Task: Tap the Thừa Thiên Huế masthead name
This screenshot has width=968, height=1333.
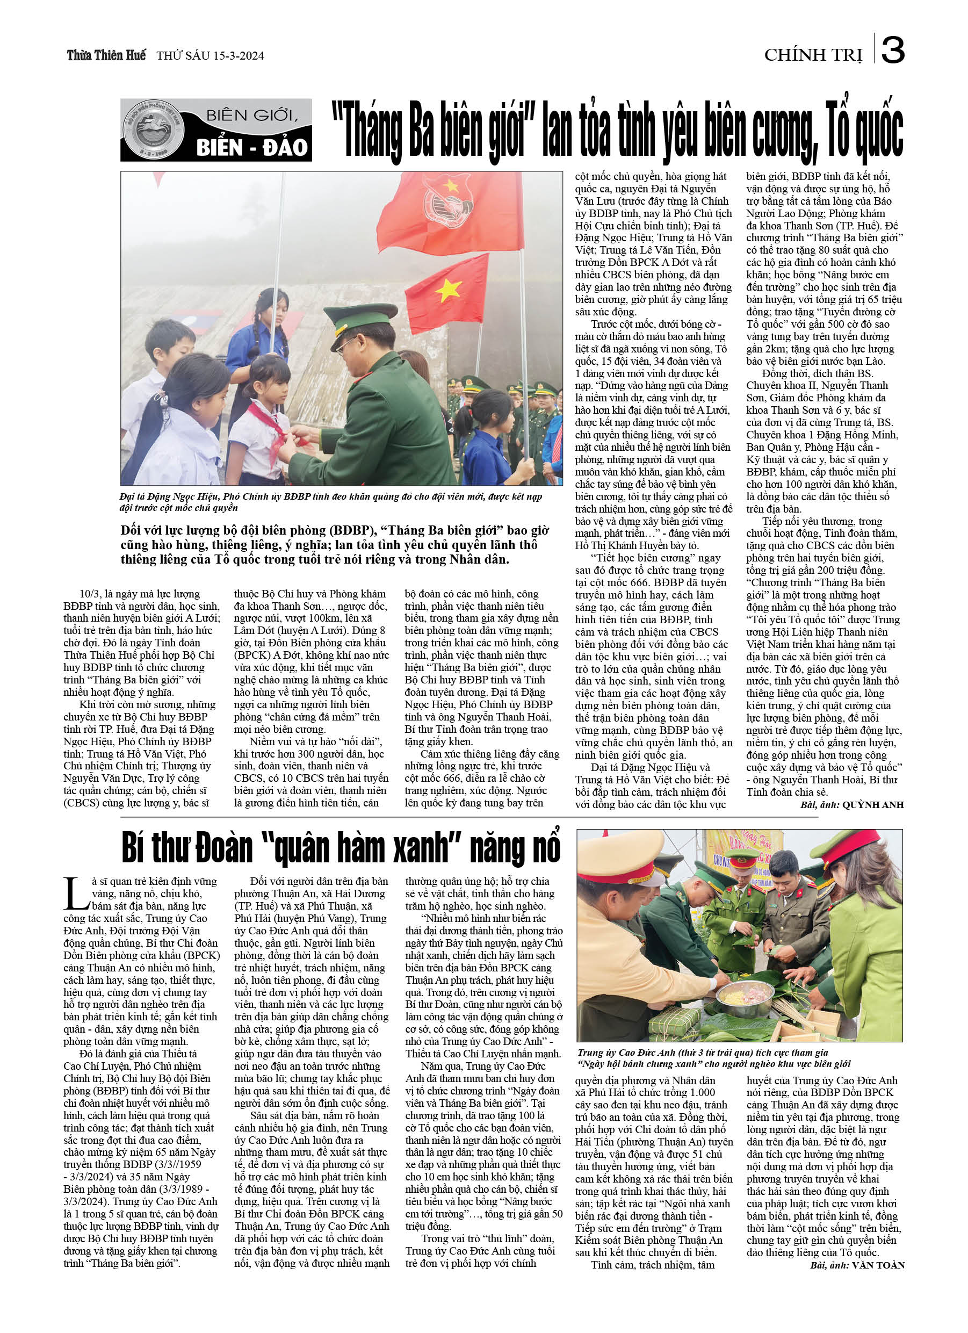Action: [106, 55]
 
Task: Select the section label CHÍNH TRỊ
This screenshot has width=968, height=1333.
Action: [813, 55]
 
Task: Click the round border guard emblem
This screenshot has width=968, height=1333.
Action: [153, 130]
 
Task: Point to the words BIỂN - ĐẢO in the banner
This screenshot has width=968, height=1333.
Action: [252, 147]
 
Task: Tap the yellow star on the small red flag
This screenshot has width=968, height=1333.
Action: [449, 290]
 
